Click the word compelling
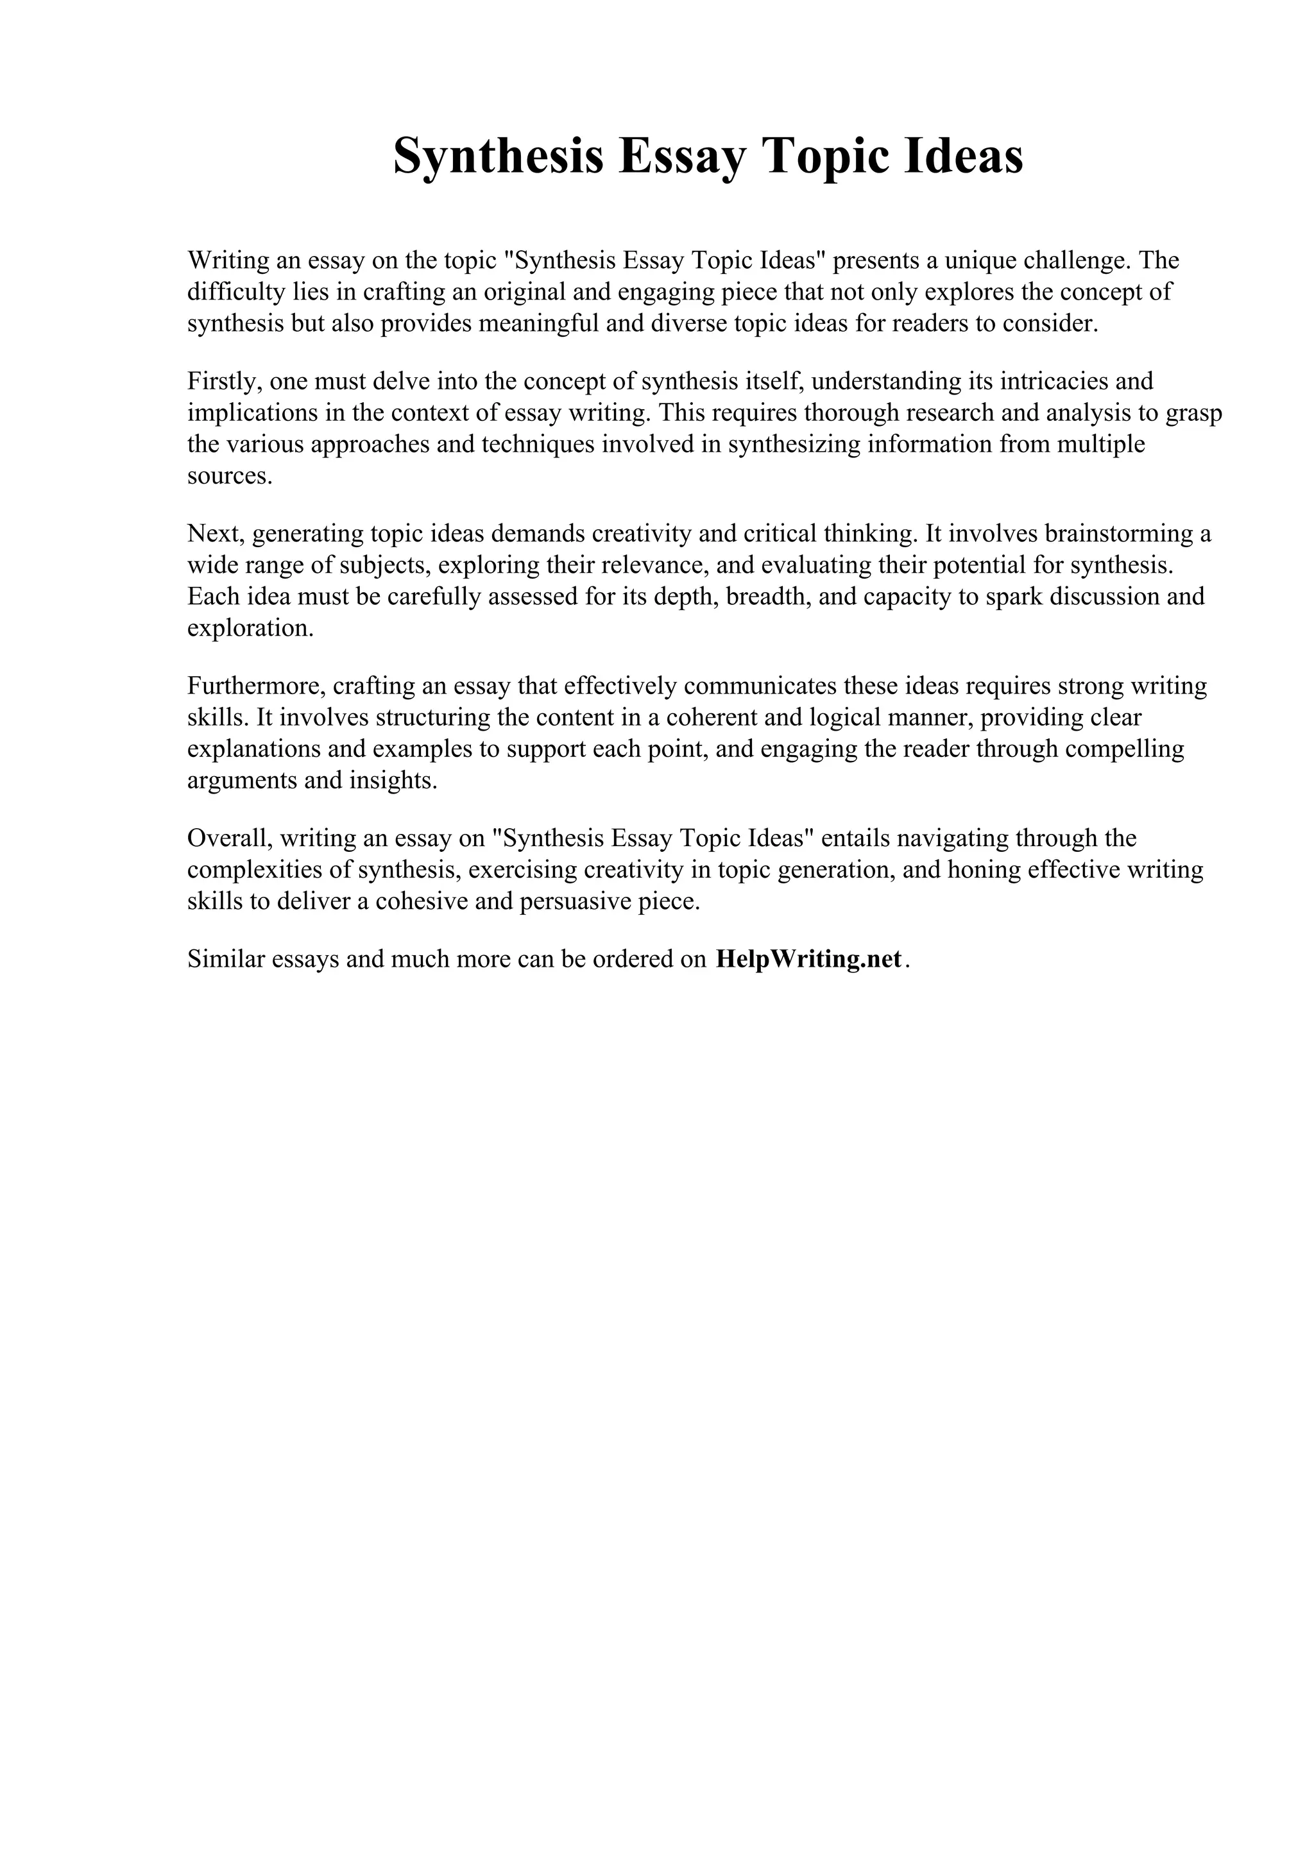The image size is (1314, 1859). [x=1125, y=749]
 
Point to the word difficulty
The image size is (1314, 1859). [x=236, y=291]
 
